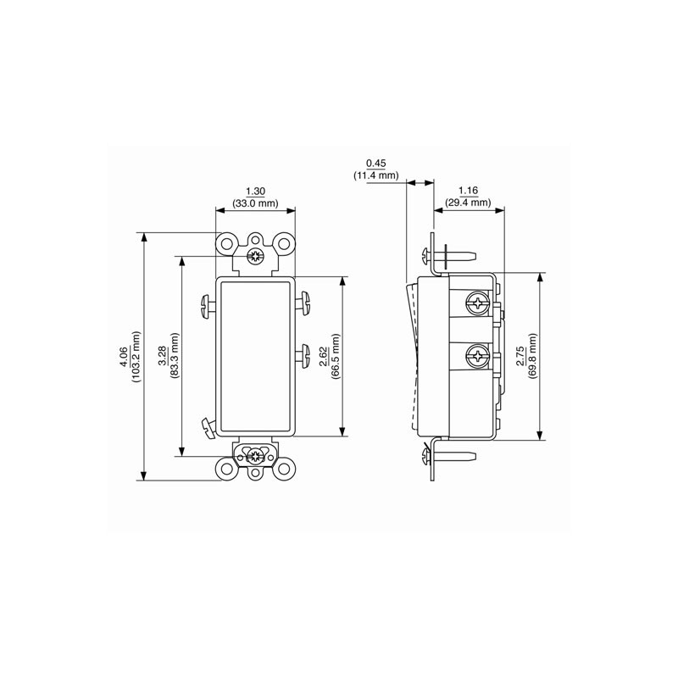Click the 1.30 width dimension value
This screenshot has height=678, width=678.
tap(255, 191)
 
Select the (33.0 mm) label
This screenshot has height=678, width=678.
tap(255, 203)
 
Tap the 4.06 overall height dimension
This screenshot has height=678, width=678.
tap(123, 357)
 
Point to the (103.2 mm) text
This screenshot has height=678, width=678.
tap(136, 357)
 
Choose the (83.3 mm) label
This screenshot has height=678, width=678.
tap(175, 356)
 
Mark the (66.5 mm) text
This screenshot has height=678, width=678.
tap(336, 356)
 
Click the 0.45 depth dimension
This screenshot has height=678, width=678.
tap(376, 163)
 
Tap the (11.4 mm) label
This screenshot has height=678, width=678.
tap(376, 175)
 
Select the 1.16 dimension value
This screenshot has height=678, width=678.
tap(468, 191)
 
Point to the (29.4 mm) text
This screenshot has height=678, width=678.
tap(468, 203)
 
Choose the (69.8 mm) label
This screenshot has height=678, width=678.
tap(532, 356)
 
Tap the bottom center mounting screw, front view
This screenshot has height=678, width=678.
tap(255, 456)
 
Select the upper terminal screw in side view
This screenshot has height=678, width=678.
tap(479, 301)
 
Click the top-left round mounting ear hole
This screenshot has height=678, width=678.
tap(226, 243)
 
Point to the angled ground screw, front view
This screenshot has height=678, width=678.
tap(206, 426)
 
